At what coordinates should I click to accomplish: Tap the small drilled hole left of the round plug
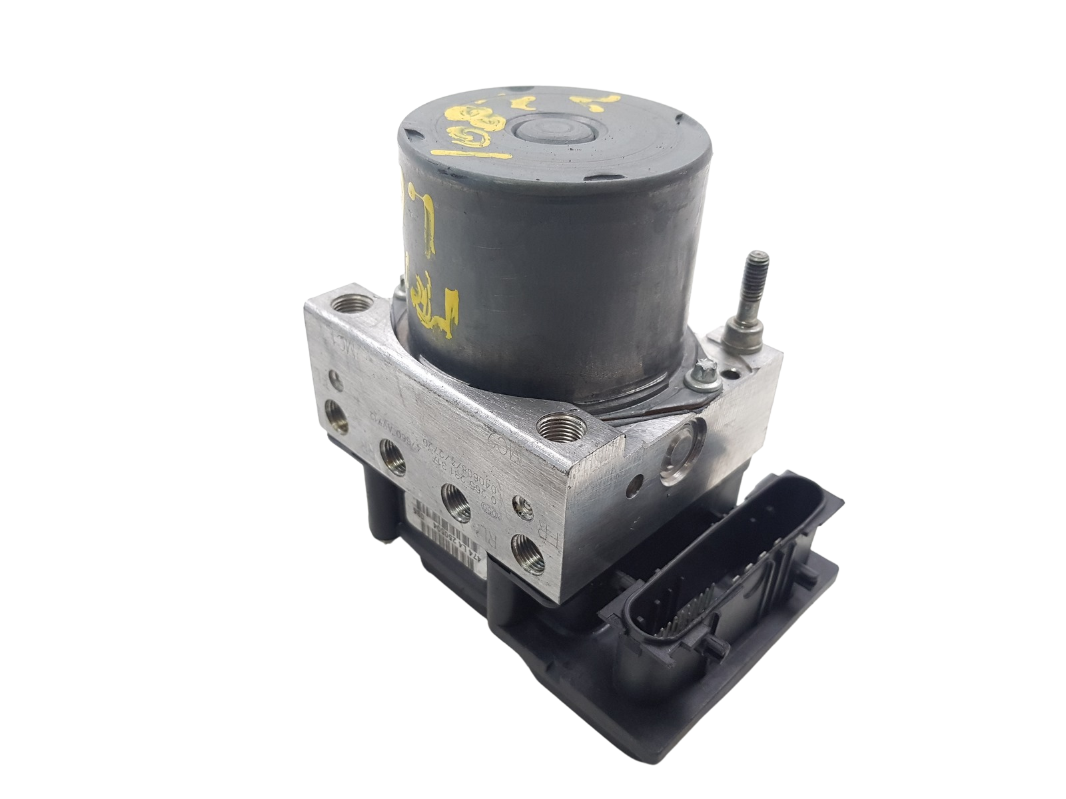(640, 479)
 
